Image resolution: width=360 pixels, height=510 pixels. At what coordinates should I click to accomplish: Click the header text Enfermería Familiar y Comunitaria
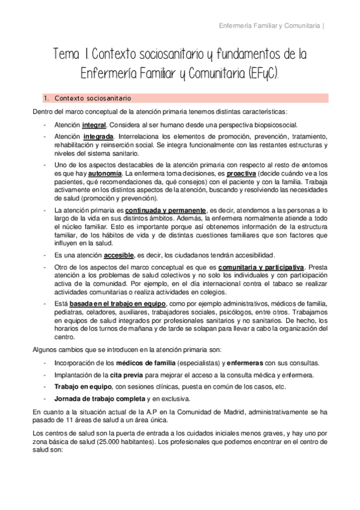(269, 25)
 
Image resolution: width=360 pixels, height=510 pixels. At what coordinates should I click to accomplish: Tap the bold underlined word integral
(94, 124)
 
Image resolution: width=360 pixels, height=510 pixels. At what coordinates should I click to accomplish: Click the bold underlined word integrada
(99, 137)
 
